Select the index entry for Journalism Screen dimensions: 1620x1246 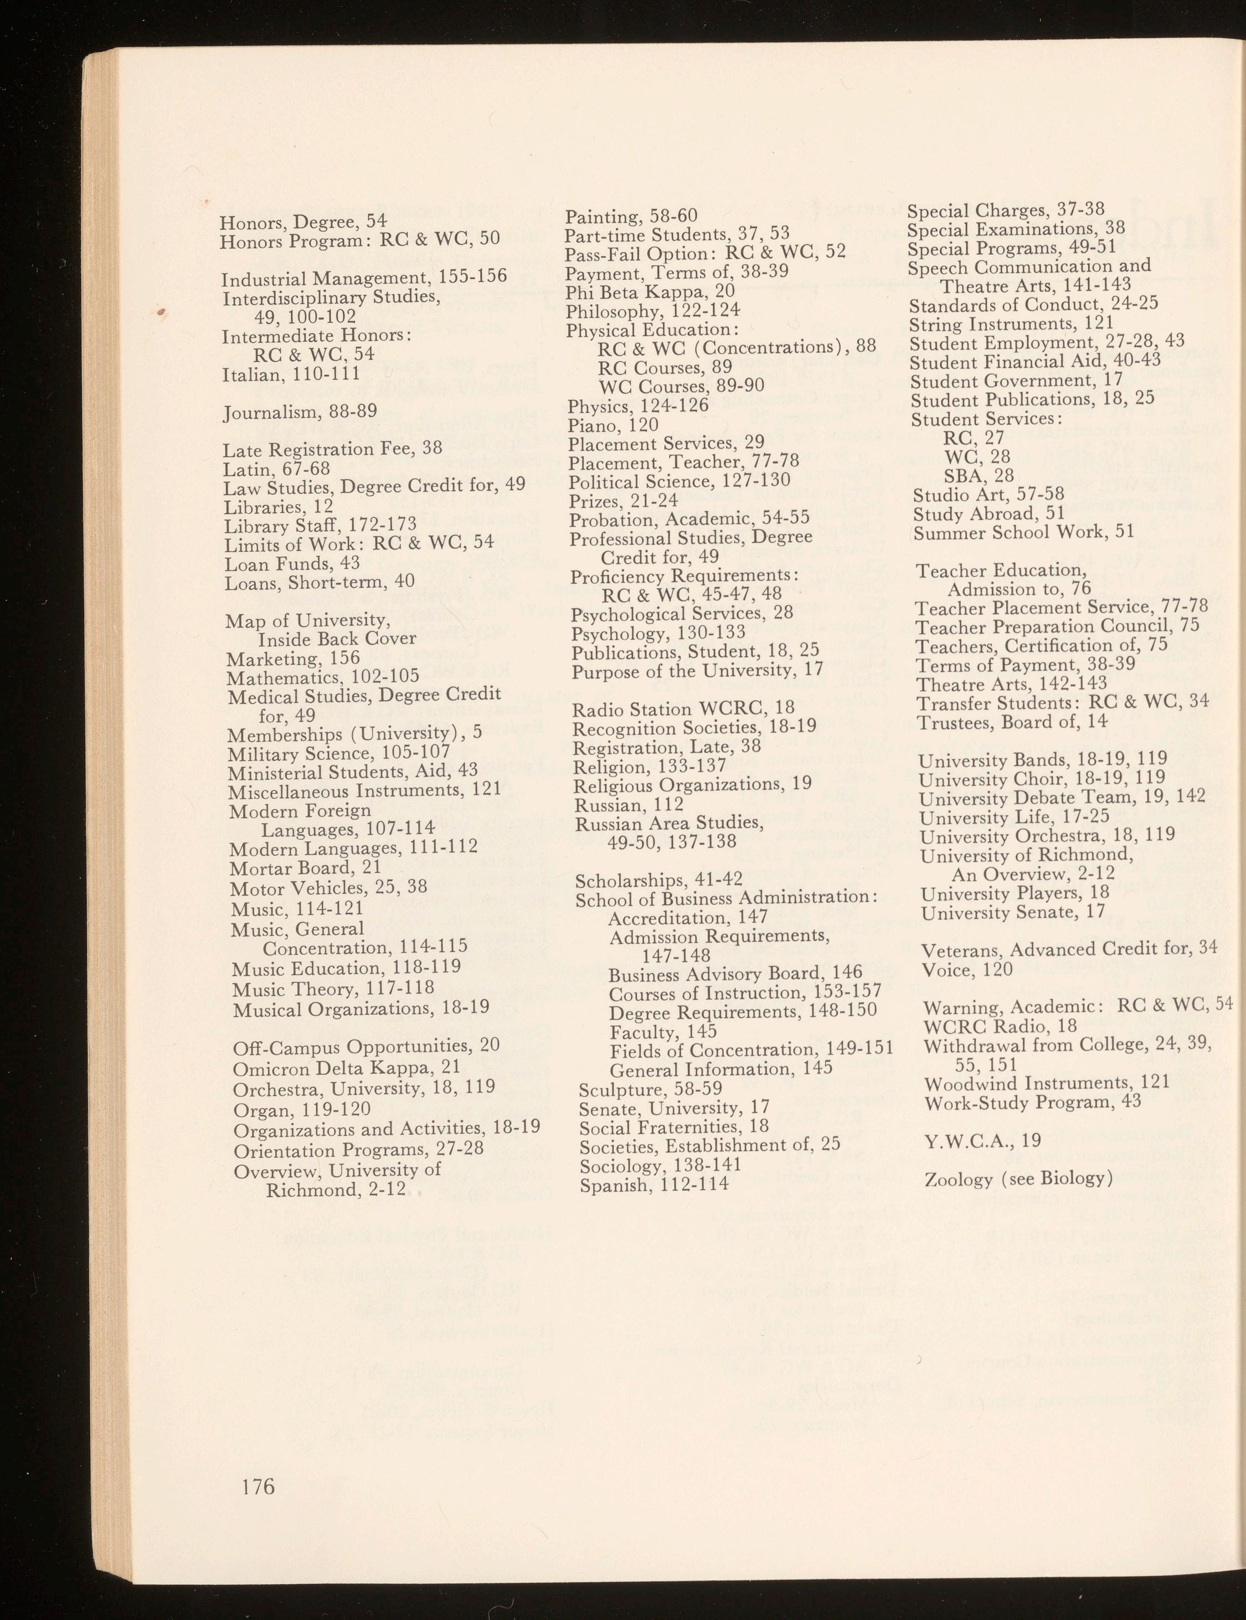click(300, 411)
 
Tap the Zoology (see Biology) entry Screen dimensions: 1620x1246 click(1018, 1178)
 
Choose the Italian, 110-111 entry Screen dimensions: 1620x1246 click(291, 374)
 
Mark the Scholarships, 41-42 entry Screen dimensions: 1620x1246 click(658, 880)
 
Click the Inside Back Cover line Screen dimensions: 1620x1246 click(336, 639)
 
